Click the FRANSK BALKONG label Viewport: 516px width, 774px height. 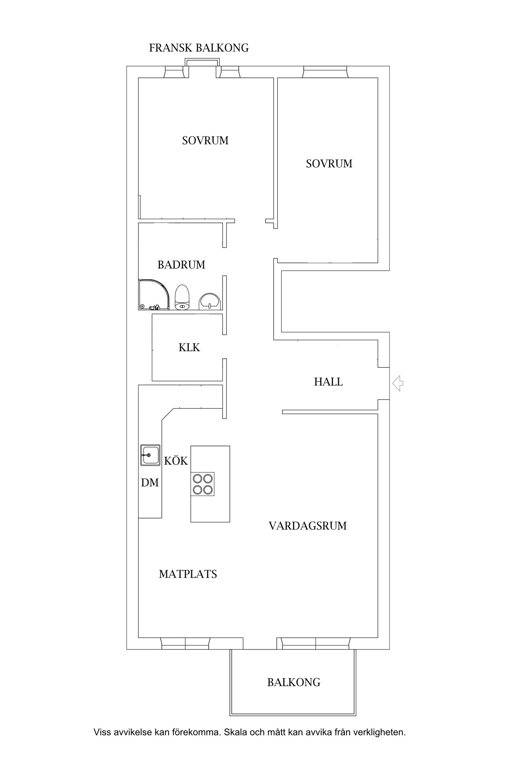(199, 48)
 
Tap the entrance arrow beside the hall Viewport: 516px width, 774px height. (398, 383)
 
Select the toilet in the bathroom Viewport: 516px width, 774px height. (182, 298)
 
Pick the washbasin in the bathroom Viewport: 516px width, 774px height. (209, 301)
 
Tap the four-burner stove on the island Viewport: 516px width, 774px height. (203, 484)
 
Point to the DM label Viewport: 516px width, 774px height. (150, 483)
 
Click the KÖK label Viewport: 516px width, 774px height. (176, 461)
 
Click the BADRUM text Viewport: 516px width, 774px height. (181, 265)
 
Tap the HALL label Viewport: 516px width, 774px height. (328, 382)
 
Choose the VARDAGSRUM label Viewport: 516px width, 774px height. (308, 526)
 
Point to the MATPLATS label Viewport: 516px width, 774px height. (188, 574)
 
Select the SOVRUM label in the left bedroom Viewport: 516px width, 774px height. (205, 141)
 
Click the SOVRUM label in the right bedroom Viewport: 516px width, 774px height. (329, 164)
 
